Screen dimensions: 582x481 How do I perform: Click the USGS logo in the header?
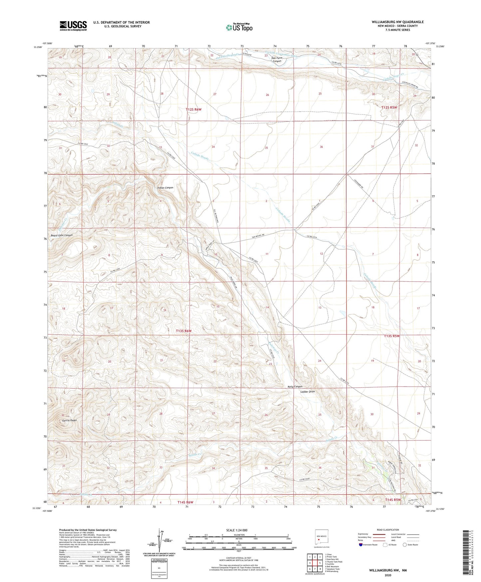[x=73, y=25]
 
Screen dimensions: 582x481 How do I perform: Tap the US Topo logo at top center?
[x=239, y=27]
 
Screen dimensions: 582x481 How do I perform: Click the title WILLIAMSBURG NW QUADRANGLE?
[x=398, y=22]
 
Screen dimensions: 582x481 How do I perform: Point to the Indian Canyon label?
[x=165, y=188]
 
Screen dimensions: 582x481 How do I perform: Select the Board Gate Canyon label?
[x=62, y=235]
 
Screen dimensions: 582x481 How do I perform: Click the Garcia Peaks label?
[x=69, y=420]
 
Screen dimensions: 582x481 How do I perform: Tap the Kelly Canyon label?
[x=295, y=387]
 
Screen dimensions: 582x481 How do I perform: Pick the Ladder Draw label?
[x=307, y=392]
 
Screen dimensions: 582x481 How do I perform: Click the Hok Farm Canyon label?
[x=277, y=59]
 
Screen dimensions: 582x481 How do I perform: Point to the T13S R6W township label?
[x=184, y=331]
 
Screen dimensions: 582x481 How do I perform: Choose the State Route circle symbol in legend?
[x=405, y=545]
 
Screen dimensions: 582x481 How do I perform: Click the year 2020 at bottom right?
[x=388, y=575]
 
